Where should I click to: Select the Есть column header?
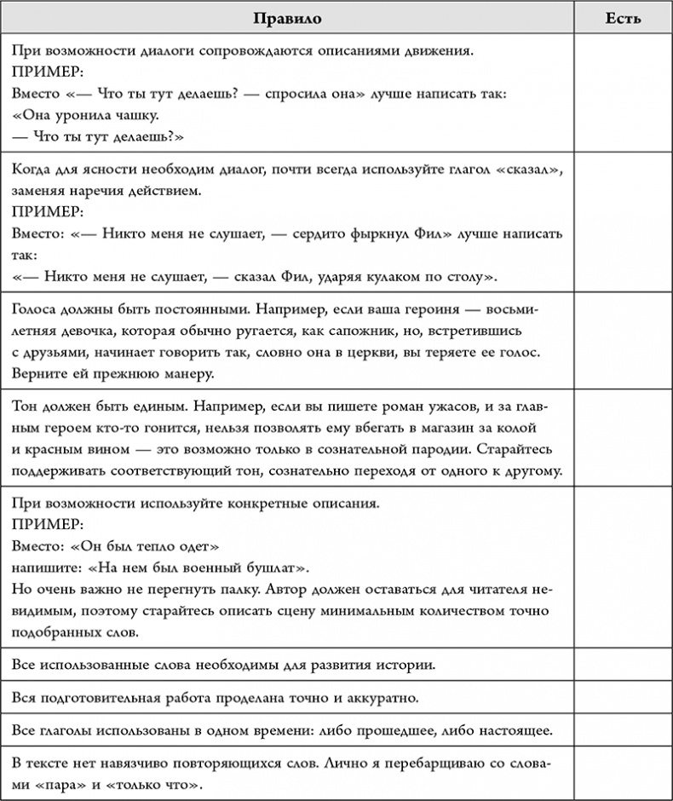(x=623, y=17)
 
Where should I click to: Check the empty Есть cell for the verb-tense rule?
(x=623, y=729)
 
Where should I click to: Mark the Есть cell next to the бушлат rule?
(x=623, y=568)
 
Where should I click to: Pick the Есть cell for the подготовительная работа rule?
(x=623, y=698)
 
